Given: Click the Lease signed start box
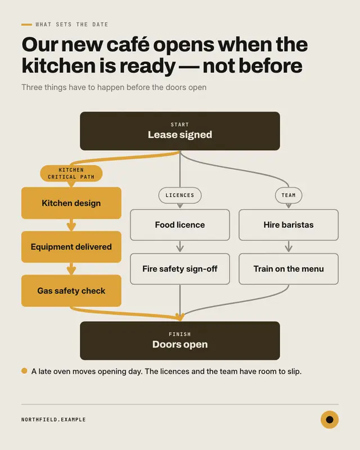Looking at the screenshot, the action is [180, 131].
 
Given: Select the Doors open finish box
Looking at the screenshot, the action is [180, 341].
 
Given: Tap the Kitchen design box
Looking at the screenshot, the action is [71, 203].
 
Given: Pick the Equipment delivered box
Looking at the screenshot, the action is [71, 247].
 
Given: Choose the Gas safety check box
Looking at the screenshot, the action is [71, 291].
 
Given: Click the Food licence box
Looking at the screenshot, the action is [180, 225].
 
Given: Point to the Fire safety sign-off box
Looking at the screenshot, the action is [180, 269].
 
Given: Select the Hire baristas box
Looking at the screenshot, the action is [289, 225].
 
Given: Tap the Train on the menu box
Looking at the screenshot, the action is [289, 269].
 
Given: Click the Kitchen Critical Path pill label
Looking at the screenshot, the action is [71, 173].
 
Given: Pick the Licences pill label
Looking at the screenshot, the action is [180, 195].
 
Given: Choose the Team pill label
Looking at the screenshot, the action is [289, 195].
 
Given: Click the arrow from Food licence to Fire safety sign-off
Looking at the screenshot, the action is [180, 247].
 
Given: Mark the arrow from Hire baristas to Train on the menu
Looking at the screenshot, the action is [289, 247].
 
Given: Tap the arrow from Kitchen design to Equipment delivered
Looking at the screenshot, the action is [71, 225].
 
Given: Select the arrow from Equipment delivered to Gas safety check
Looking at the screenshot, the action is [71, 269].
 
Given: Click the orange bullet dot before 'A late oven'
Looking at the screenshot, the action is [24, 371].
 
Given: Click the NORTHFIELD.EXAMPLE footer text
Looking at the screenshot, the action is [53, 420].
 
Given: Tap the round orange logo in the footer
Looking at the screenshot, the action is [330, 420].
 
